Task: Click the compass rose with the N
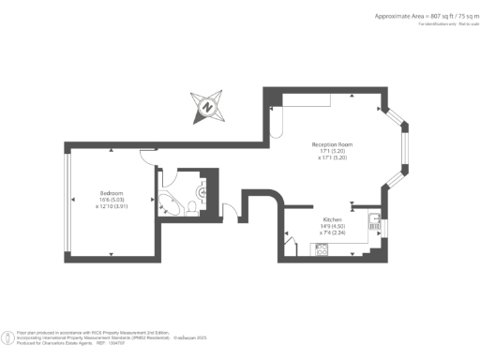coord(206,107)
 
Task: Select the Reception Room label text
coord(333,144)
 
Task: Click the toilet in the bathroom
coord(191,207)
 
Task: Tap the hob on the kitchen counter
coord(321,248)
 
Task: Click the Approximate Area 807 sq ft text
coord(412,16)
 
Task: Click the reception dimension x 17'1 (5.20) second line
coord(333,157)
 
